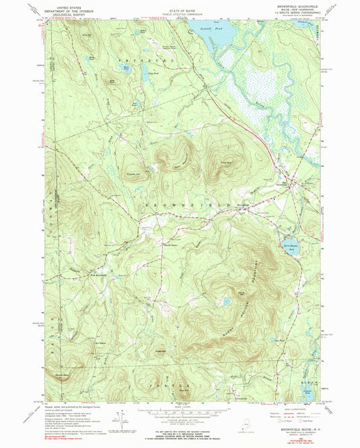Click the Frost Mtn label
(224, 162)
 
